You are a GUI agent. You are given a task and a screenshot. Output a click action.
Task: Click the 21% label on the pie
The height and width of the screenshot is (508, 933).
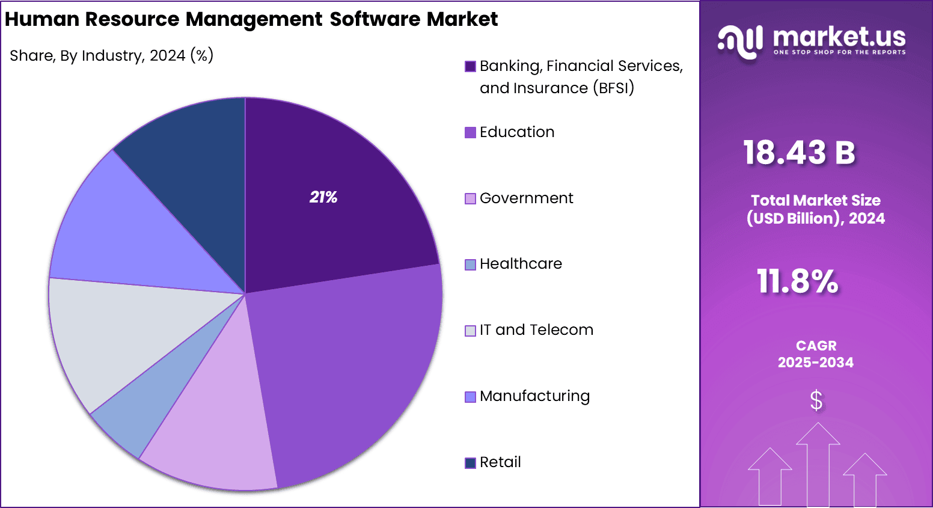pos(323,197)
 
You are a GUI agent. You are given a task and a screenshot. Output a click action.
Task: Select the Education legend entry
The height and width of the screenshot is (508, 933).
pos(517,132)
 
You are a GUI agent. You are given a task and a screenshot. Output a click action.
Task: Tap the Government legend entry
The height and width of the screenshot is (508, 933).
pos(527,198)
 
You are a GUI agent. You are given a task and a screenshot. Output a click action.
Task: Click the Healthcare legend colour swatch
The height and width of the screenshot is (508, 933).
pos(470,265)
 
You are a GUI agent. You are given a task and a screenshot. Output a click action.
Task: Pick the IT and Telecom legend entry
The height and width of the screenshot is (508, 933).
pos(536,330)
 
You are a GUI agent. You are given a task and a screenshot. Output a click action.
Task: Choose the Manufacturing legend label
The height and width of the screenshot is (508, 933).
pos(535,396)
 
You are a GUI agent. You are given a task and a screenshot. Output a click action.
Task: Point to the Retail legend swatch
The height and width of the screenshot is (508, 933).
pos(470,463)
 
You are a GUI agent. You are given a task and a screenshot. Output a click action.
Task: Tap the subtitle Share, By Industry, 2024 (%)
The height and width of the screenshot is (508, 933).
pos(112,56)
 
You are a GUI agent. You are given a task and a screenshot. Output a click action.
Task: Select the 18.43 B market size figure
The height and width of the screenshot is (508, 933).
pos(799,152)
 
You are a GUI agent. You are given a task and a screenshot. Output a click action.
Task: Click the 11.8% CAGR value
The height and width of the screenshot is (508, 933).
pos(797,281)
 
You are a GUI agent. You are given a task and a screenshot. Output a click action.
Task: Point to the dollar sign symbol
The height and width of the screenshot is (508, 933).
pos(816,400)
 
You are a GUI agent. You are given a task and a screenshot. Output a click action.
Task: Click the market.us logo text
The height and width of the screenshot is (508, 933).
pos(839,37)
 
